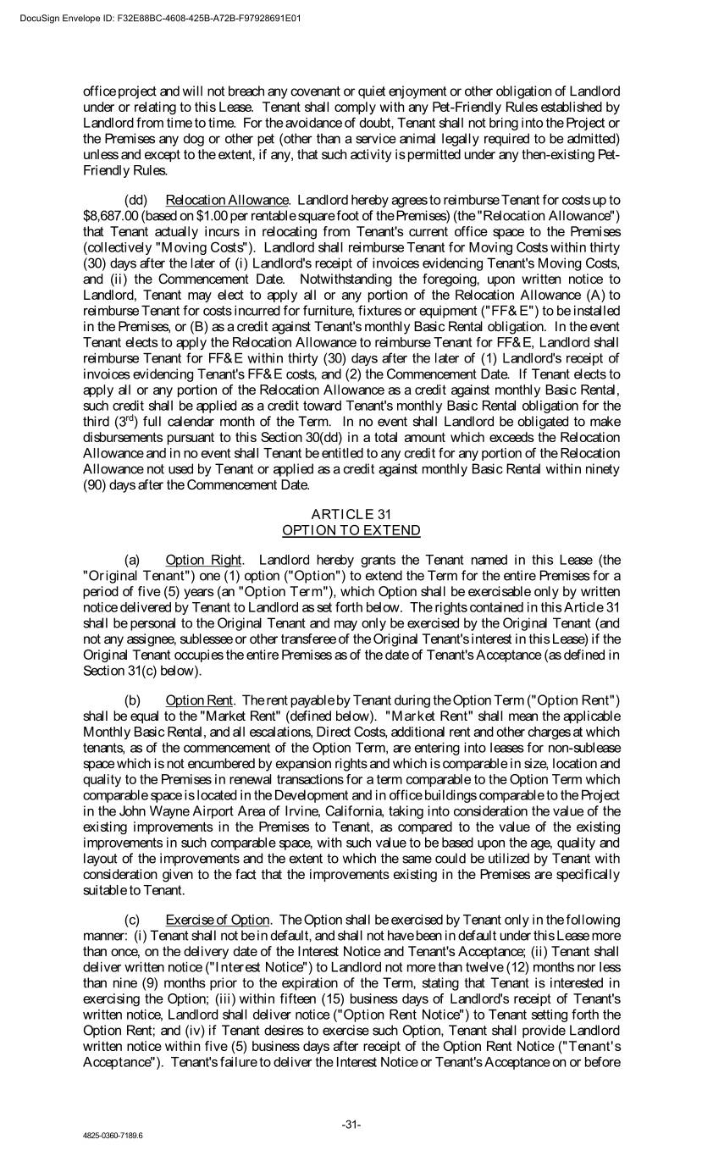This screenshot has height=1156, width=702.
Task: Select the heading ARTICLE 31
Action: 351,514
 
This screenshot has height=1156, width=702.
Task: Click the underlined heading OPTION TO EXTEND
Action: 351,530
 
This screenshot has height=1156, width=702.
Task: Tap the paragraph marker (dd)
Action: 135,200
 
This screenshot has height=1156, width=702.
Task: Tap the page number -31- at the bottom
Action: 351,1125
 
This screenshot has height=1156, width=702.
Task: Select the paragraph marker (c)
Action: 132,920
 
